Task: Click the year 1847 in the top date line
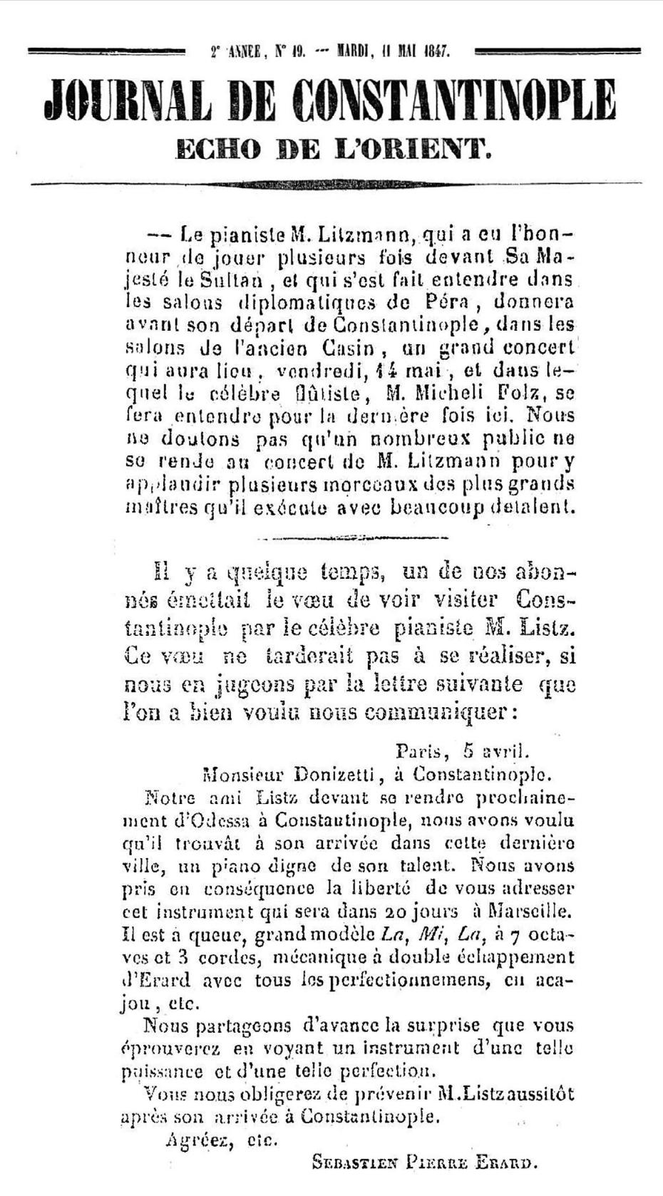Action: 435,51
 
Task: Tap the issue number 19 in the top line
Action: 298,51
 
